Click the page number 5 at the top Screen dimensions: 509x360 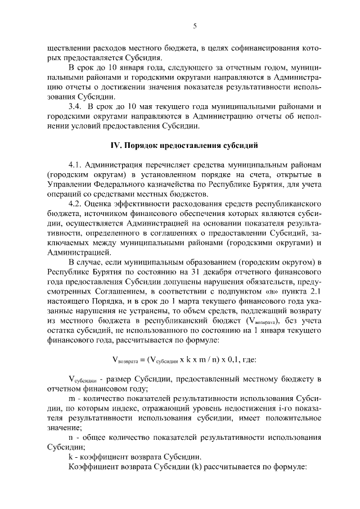[x=194, y=26]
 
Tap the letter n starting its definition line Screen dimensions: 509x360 [x=70, y=437]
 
